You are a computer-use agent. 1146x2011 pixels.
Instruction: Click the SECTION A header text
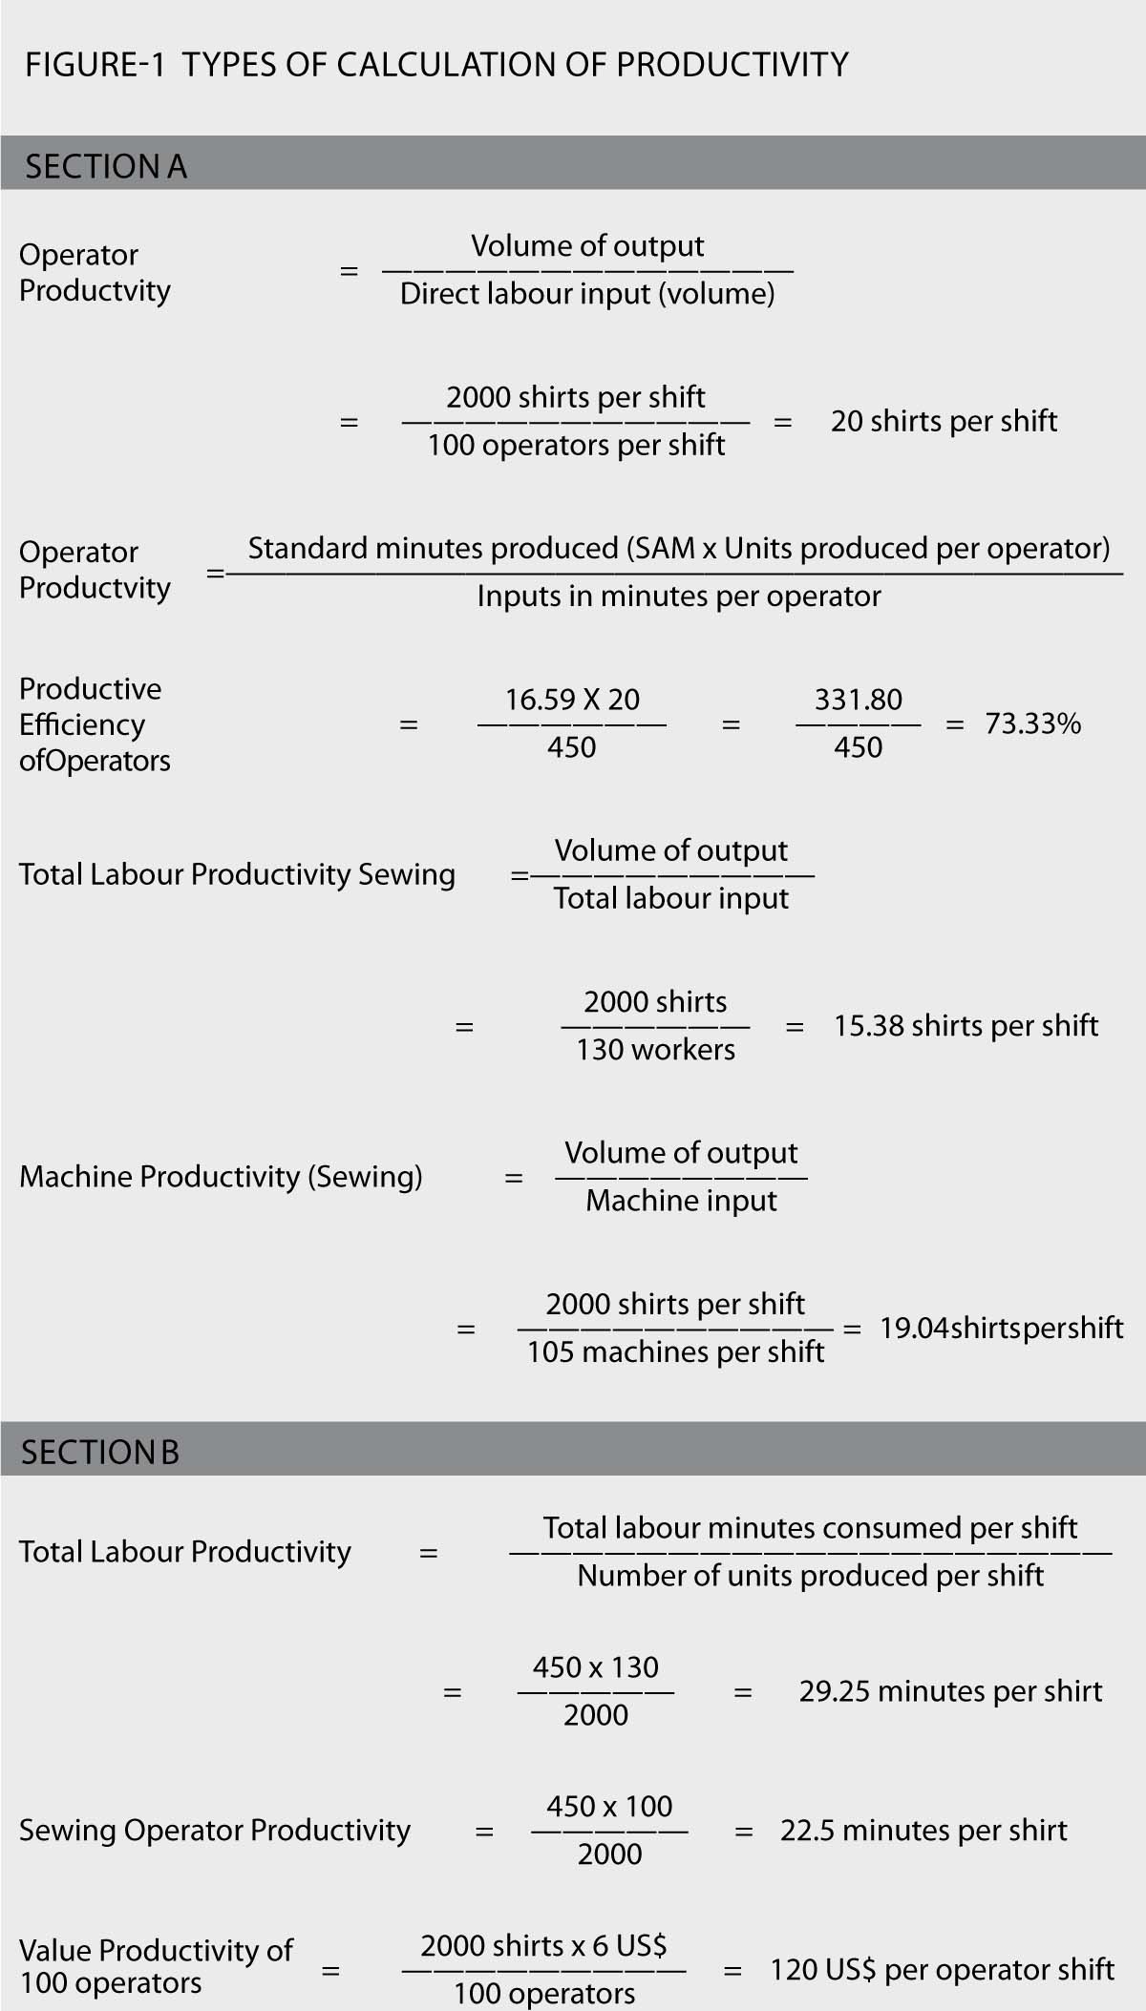point(106,167)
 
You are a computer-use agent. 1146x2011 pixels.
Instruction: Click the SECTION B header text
point(100,1452)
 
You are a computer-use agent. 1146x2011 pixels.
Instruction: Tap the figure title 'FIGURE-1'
point(95,65)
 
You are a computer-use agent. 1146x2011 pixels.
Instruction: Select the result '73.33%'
point(1033,723)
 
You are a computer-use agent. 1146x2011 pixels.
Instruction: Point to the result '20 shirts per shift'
point(944,421)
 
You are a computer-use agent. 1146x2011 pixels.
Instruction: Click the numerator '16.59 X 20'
point(572,700)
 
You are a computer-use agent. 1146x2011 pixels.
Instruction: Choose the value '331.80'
point(858,700)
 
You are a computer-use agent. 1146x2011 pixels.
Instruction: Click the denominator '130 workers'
point(655,1049)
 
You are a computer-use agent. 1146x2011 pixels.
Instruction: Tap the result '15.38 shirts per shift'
point(966,1025)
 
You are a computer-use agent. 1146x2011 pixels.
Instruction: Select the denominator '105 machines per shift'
point(675,1351)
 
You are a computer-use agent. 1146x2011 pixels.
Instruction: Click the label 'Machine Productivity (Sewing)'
point(221,1177)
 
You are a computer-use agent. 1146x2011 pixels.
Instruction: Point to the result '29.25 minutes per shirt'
point(950,1691)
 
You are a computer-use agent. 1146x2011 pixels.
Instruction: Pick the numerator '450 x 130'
point(596,1666)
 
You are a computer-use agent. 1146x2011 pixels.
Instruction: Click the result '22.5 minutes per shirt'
point(923,1830)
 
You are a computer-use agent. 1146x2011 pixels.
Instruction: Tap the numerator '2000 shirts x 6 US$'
point(543,1945)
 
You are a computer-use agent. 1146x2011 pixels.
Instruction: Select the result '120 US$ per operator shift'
point(943,1969)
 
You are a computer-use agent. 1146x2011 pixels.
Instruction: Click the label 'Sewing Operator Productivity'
point(215,1830)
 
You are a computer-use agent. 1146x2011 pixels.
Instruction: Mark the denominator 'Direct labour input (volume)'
point(587,294)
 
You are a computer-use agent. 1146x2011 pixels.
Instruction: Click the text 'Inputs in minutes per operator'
point(679,597)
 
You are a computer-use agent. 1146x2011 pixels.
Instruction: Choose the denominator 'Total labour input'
point(671,898)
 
